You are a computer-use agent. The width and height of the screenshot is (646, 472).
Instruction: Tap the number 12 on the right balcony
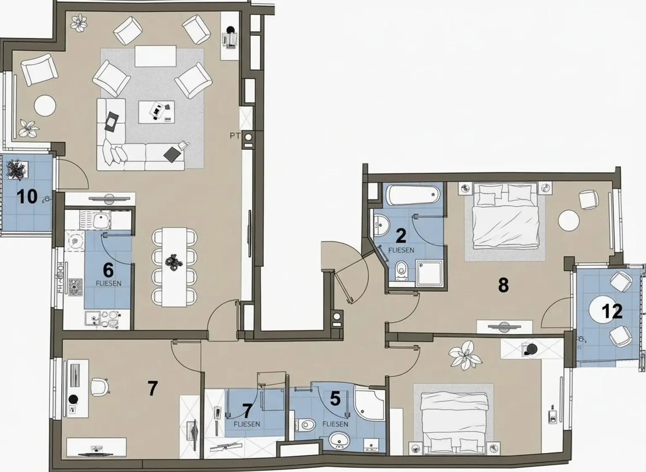pyautogui.click(x=612, y=311)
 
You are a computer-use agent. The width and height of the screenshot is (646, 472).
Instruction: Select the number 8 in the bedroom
pyautogui.click(x=503, y=285)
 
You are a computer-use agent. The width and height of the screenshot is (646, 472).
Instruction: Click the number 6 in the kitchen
pyautogui.click(x=108, y=270)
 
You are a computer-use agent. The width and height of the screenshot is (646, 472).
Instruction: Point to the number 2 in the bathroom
pyautogui.click(x=401, y=236)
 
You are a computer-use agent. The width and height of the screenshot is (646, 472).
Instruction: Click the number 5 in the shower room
pyautogui.click(x=335, y=398)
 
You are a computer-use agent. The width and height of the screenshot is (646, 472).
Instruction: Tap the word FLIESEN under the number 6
pyautogui.click(x=109, y=283)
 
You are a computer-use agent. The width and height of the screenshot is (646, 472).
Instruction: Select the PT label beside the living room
pyautogui.click(x=235, y=136)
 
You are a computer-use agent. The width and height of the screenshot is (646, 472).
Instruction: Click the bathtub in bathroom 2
pyautogui.click(x=413, y=195)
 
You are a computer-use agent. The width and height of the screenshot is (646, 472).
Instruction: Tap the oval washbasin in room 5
pyautogui.click(x=339, y=441)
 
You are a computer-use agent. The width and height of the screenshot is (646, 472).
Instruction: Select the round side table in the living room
pyautogui.click(x=45, y=105)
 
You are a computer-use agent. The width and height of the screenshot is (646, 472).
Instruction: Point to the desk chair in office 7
pyautogui.click(x=99, y=387)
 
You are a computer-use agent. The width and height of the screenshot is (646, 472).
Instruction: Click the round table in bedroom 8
pyautogui.click(x=569, y=220)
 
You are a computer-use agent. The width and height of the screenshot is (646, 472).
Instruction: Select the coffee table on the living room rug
pyautogui.click(x=156, y=112)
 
